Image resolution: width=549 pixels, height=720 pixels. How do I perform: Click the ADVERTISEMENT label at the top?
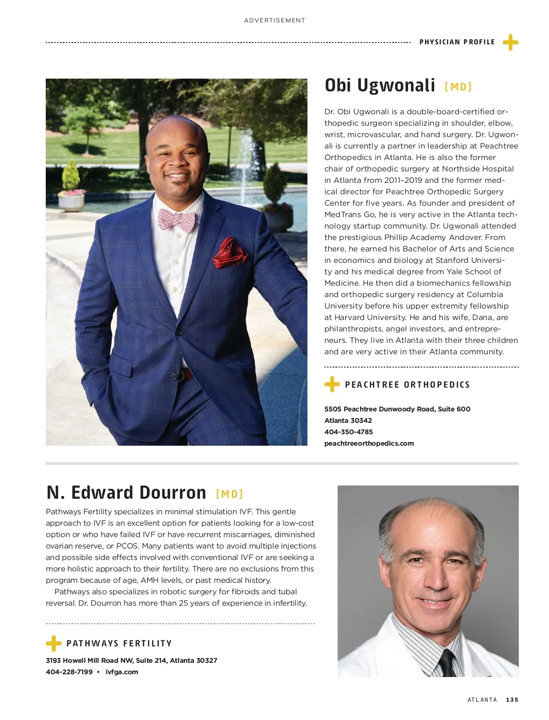click(274, 21)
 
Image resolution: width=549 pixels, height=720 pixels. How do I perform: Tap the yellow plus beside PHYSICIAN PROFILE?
click(510, 43)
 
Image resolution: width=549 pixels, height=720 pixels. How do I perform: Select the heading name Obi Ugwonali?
click(380, 85)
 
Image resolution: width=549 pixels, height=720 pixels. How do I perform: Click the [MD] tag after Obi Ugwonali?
click(458, 87)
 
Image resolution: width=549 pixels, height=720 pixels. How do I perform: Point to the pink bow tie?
click(177, 219)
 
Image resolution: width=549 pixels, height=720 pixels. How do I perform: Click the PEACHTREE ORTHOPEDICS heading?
click(407, 385)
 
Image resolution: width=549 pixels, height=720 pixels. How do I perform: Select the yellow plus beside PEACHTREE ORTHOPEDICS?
click(332, 384)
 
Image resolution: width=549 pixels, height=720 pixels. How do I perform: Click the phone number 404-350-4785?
click(349, 432)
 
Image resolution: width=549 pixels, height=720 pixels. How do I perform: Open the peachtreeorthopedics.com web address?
click(369, 443)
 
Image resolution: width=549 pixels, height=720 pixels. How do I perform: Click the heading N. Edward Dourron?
click(126, 493)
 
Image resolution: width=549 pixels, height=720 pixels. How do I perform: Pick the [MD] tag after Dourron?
click(229, 494)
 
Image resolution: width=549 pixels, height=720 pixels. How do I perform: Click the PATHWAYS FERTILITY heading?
click(119, 644)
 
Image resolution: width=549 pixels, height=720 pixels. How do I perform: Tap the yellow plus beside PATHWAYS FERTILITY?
click(54, 644)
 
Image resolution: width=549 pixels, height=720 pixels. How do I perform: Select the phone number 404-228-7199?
click(69, 672)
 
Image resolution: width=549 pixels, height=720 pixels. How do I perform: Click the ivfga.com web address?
click(122, 672)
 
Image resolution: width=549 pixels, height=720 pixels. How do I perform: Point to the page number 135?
click(512, 700)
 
